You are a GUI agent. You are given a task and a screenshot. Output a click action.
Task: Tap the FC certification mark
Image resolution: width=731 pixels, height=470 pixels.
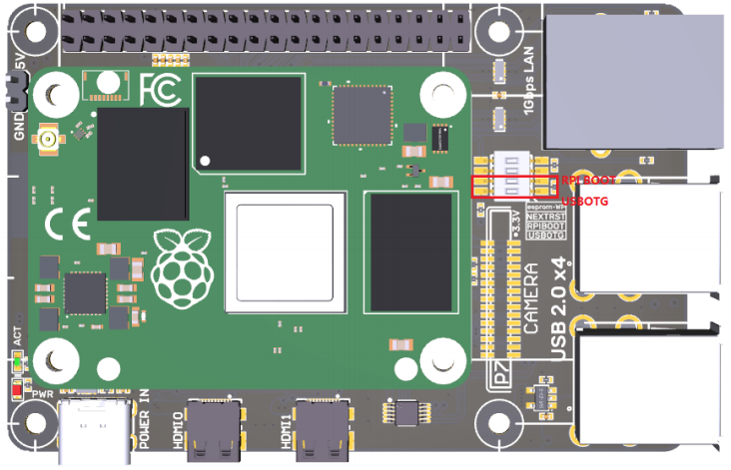click(160, 89)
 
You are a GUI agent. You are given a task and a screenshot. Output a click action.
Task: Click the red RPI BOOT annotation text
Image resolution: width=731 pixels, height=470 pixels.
click(588, 181)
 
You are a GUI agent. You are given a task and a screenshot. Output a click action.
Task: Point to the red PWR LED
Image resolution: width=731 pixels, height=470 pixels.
click(17, 388)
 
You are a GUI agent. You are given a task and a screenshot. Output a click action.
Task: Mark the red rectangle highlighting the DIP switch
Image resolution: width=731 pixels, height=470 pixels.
click(513, 186)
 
